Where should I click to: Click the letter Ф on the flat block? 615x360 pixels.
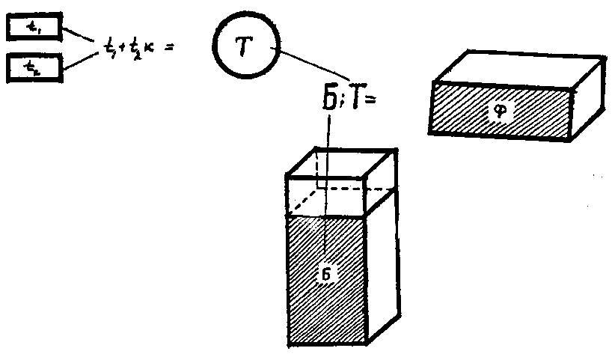[x=501, y=111]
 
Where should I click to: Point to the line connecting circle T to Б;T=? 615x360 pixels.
[x=314, y=64]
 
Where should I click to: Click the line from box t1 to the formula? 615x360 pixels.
[x=79, y=35]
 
